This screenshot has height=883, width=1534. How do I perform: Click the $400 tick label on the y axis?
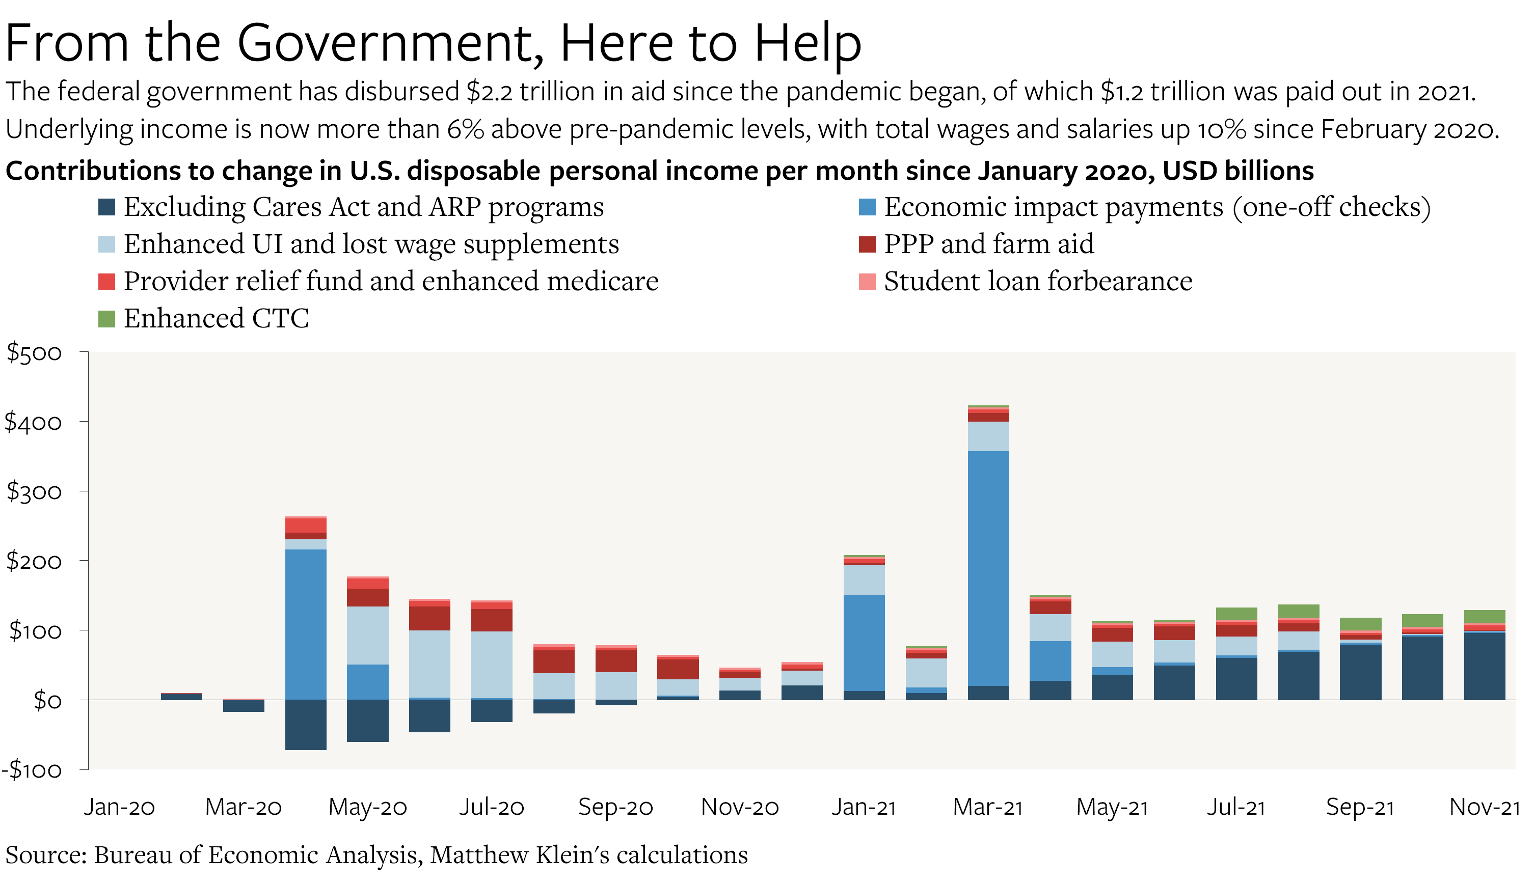(33, 422)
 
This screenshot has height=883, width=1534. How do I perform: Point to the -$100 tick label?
(32, 770)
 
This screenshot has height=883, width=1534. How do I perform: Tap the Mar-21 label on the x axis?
(987, 807)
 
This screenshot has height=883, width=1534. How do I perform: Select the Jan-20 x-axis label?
(120, 807)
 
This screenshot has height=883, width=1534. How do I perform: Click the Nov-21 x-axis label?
(1484, 807)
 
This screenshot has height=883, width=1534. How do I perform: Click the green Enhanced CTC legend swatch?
(107, 319)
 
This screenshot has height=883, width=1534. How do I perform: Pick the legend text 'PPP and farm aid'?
(989, 244)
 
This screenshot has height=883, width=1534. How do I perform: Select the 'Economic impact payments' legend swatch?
(867, 207)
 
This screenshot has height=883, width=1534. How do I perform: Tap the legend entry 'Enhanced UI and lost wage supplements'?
(371, 244)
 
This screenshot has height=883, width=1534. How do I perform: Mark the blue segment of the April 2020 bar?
(306, 625)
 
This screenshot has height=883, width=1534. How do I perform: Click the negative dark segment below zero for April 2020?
(306, 725)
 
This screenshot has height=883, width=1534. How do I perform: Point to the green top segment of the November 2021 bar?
(1484, 617)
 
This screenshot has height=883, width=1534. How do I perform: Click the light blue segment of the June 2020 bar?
(429, 664)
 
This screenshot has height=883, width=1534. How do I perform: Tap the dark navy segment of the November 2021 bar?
(1484, 666)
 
